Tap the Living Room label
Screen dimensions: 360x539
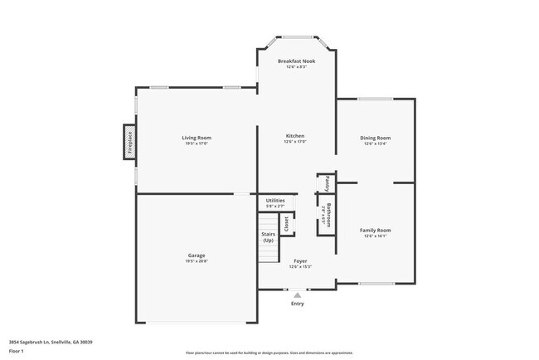point(197,137)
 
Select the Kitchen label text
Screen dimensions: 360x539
point(294,136)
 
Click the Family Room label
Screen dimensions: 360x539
point(375,230)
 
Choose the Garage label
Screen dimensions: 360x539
point(197,255)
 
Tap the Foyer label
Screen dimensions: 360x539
point(300,260)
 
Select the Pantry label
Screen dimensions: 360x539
point(328,182)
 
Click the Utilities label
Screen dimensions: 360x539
point(275,201)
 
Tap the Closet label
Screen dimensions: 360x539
point(287,223)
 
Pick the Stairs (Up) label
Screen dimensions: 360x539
point(268,237)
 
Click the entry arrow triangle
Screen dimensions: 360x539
point(297,294)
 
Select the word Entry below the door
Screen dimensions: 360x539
point(297,304)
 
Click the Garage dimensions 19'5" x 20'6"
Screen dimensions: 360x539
point(197,261)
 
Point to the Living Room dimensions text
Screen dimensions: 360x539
point(197,144)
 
